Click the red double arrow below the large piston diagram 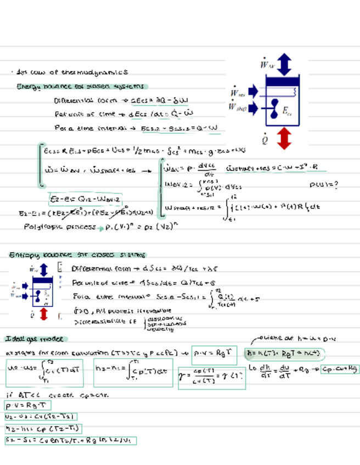click(x=283, y=138)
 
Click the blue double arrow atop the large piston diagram click(x=284, y=65)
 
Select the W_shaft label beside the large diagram click(x=238, y=107)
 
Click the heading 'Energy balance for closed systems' click(x=81, y=86)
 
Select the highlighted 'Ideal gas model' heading click(x=35, y=338)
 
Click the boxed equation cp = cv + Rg click(x=339, y=369)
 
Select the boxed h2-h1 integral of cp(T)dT click(x=133, y=372)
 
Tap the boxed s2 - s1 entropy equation click(x=70, y=440)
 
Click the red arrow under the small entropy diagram click(x=44, y=314)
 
